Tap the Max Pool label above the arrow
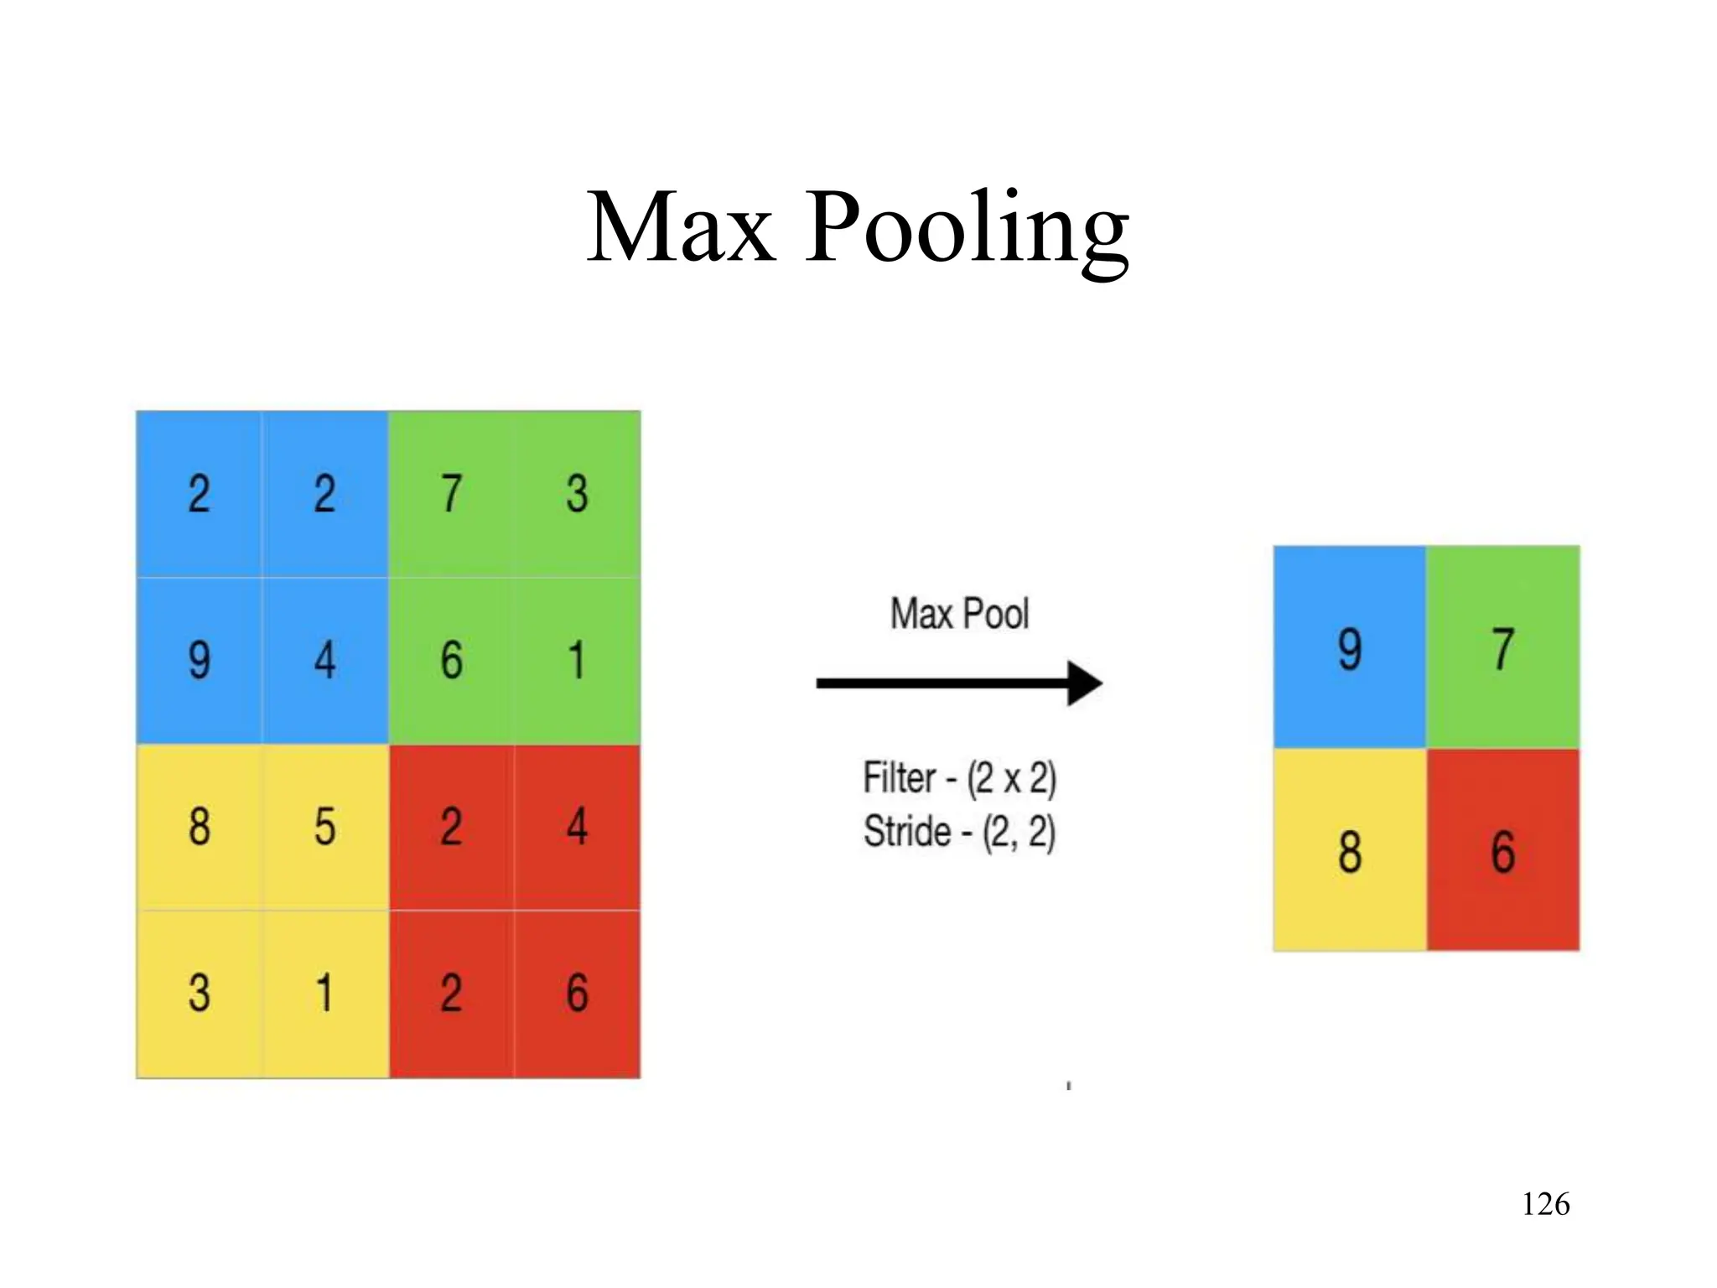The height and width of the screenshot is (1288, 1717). pos(959,614)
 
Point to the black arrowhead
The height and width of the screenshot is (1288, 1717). pos(1085,683)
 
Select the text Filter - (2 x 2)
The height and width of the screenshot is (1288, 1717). pos(959,778)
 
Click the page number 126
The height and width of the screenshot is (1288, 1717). pos(1545,1204)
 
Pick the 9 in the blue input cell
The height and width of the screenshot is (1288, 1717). pos(200,660)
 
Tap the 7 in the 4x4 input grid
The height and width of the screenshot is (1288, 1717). pos(451,493)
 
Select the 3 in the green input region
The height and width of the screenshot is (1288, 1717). pos(577,493)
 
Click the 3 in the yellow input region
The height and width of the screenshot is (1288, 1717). pos(200,993)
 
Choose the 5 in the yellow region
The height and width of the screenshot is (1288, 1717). pos(325,827)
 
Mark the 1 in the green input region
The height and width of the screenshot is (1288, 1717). pos(577,660)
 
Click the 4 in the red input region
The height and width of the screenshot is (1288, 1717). pos(577,827)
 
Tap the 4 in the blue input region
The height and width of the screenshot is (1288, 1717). pos(325,660)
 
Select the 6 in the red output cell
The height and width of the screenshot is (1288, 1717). pos(1503,852)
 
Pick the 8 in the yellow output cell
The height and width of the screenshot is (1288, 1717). pos(1350,852)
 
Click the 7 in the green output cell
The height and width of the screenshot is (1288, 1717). pos(1503,649)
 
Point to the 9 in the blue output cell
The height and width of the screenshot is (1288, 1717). pos(1350,649)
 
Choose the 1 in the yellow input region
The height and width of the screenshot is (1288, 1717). pos(325,993)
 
